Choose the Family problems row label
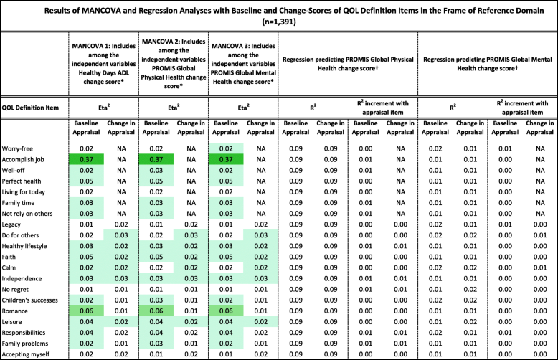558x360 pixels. coord(31,343)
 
